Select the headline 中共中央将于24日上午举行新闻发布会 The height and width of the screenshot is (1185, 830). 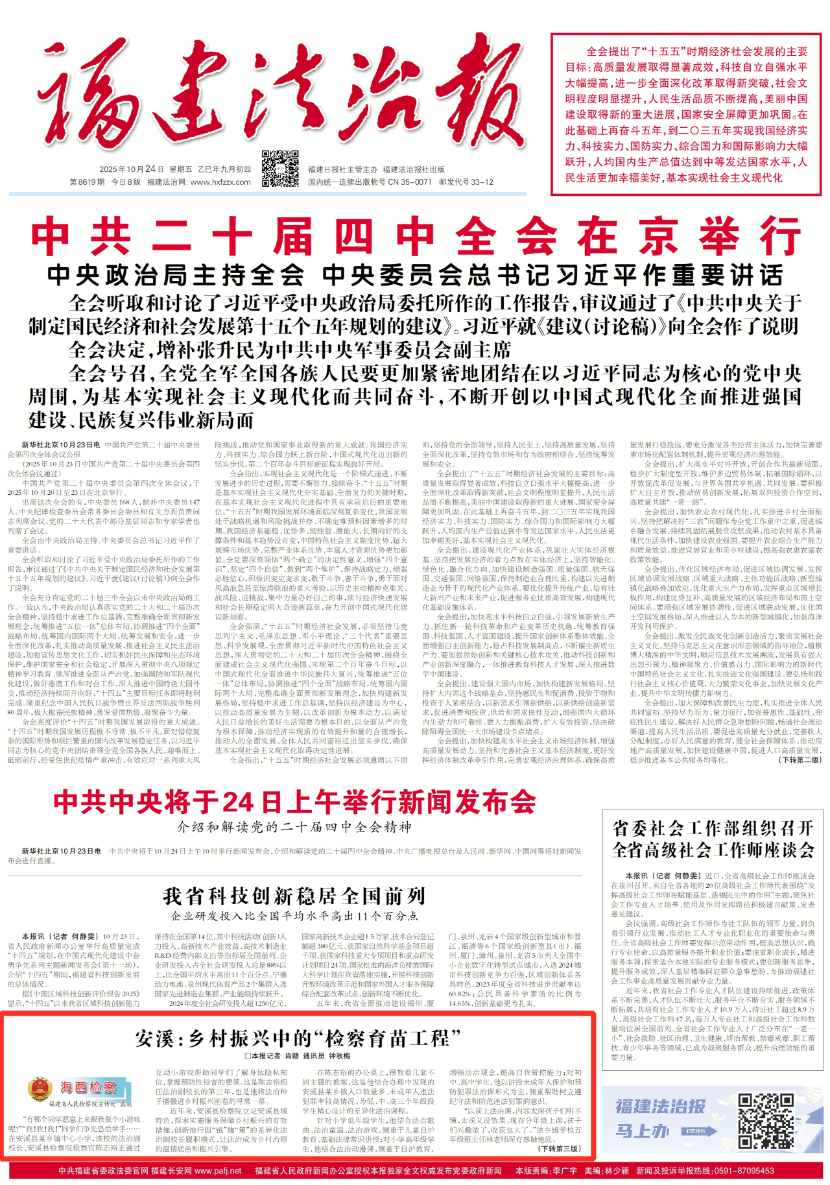point(295,802)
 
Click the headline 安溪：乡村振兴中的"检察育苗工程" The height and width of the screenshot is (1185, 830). point(298,1038)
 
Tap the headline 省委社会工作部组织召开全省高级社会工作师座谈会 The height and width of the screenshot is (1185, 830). point(713,839)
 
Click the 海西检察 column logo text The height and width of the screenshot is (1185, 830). point(89,1087)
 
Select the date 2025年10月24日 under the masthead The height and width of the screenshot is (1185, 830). point(127,169)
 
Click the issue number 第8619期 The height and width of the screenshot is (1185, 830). point(87,182)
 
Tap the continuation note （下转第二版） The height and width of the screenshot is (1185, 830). point(801,760)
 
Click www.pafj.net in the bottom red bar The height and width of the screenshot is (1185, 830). point(218,1171)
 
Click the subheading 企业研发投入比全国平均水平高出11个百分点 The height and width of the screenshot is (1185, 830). point(294,916)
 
